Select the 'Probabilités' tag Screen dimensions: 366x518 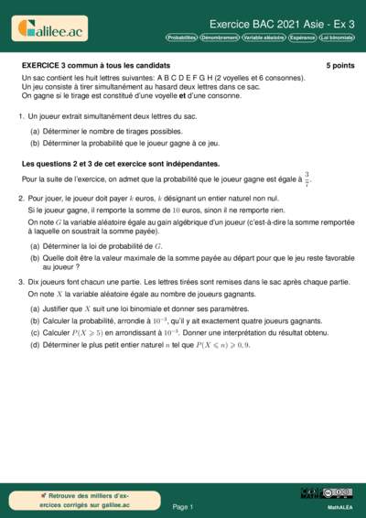[x=181, y=38]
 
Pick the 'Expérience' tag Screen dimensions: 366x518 [x=302, y=38]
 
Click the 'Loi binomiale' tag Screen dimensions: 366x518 [x=336, y=38]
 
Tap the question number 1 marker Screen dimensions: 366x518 [x=21, y=116]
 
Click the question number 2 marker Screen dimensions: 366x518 [x=21, y=198]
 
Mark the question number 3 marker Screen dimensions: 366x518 [x=21, y=283]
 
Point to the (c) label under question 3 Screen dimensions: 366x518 [x=35, y=331]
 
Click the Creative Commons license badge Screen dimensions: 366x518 [x=337, y=493]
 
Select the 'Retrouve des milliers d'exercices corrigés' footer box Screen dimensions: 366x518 [x=85, y=499]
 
